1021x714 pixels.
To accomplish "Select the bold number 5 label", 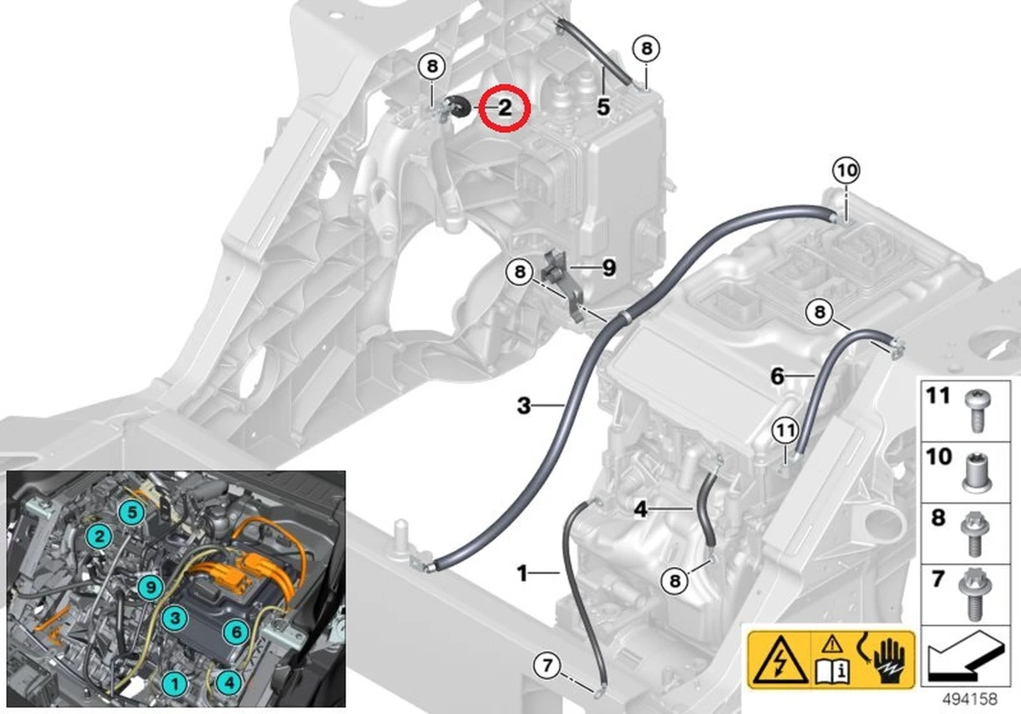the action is (603, 107).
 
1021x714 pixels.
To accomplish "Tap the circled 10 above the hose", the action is (847, 171).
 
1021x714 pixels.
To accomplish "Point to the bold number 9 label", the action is (609, 268).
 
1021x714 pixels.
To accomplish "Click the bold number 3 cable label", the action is (524, 405).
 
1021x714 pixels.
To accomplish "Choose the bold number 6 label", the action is (777, 376).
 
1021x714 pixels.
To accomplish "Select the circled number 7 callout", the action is (547, 666).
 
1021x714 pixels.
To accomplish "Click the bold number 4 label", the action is (641, 509).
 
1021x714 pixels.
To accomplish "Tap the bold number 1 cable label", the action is (522, 573).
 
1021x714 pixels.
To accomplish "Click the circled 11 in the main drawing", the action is (785, 430).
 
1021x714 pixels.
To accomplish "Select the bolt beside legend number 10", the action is (978, 473).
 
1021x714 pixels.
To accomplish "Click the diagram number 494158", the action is (969, 699).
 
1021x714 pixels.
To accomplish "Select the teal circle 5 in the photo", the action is (132, 512).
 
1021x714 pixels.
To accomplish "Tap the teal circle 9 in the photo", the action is (151, 587).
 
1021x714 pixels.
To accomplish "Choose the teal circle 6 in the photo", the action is (237, 632).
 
